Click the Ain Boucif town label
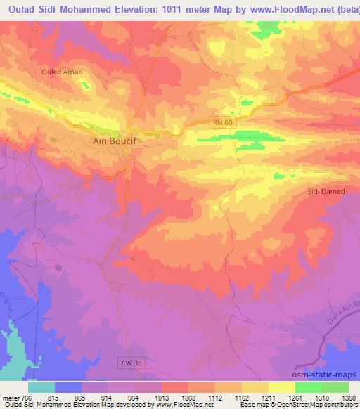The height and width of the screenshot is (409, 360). pyautogui.click(x=114, y=141)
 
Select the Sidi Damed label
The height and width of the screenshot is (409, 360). pyautogui.click(x=325, y=190)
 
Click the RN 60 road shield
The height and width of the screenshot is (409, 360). pyautogui.click(x=222, y=122)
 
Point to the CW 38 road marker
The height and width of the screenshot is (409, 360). pyautogui.click(x=127, y=361)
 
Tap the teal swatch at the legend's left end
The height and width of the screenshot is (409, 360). pyautogui.click(x=41, y=387)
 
